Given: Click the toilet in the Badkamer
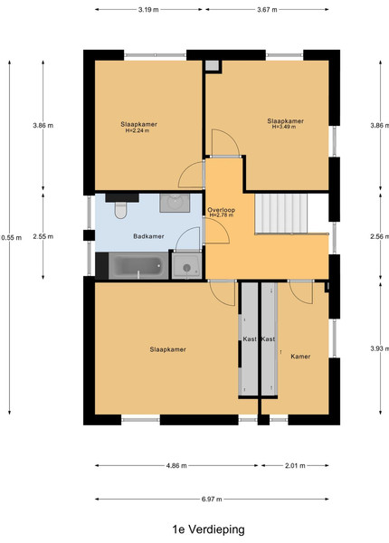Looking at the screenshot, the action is [120, 210].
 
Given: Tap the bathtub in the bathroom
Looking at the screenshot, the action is [138, 265].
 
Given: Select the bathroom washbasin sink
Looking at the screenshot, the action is [175, 203].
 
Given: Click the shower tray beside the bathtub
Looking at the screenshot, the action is [187, 266].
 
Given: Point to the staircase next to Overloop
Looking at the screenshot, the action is [281, 214].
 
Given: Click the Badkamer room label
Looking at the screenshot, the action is [148, 236].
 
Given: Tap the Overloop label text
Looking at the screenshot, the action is [221, 210].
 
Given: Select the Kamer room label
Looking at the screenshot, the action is [300, 357].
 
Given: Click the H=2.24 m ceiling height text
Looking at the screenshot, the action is [138, 130].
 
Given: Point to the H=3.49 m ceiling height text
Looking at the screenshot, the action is [284, 127].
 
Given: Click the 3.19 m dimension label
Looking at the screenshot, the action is [148, 10].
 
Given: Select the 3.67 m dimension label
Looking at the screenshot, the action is [267, 10].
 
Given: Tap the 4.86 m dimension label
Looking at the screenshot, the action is [176, 466].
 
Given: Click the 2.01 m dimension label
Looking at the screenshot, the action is [295, 466].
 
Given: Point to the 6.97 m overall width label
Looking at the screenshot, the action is [212, 500].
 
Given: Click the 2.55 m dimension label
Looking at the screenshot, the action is [43, 237].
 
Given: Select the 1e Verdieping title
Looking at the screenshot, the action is [208, 529].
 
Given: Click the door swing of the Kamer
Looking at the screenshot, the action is [300, 293].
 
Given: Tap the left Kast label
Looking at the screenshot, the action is [250, 339].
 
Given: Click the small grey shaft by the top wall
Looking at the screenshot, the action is [213, 66].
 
